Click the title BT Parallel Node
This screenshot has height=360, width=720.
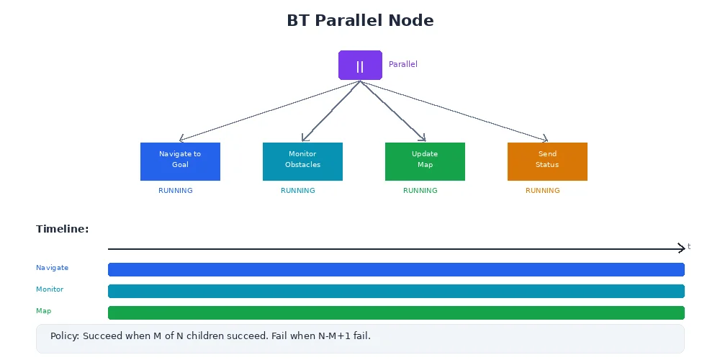click(x=360, y=20)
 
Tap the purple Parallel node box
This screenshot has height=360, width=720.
click(x=360, y=65)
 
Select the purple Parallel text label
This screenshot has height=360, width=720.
click(x=402, y=64)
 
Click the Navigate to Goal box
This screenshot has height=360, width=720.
click(x=180, y=161)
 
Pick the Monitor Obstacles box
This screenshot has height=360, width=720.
click(x=302, y=161)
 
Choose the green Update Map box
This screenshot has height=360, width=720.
click(x=425, y=161)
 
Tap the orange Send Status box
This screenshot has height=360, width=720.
click(x=547, y=161)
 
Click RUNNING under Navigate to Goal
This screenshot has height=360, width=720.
click(x=176, y=191)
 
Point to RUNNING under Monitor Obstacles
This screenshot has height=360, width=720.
click(x=298, y=191)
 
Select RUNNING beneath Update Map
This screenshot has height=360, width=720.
click(x=420, y=191)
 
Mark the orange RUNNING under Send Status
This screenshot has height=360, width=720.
click(x=543, y=191)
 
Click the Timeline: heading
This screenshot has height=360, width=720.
click(x=63, y=229)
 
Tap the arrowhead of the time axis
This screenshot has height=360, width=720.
click(x=681, y=248)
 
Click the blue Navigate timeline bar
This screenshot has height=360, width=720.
click(x=396, y=269)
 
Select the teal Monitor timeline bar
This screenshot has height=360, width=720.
click(x=396, y=291)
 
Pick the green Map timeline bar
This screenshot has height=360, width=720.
click(x=396, y=312)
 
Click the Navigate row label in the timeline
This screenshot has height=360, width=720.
click(x=53, y=268)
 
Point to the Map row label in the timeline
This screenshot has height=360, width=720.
click(x=44, y=311)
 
